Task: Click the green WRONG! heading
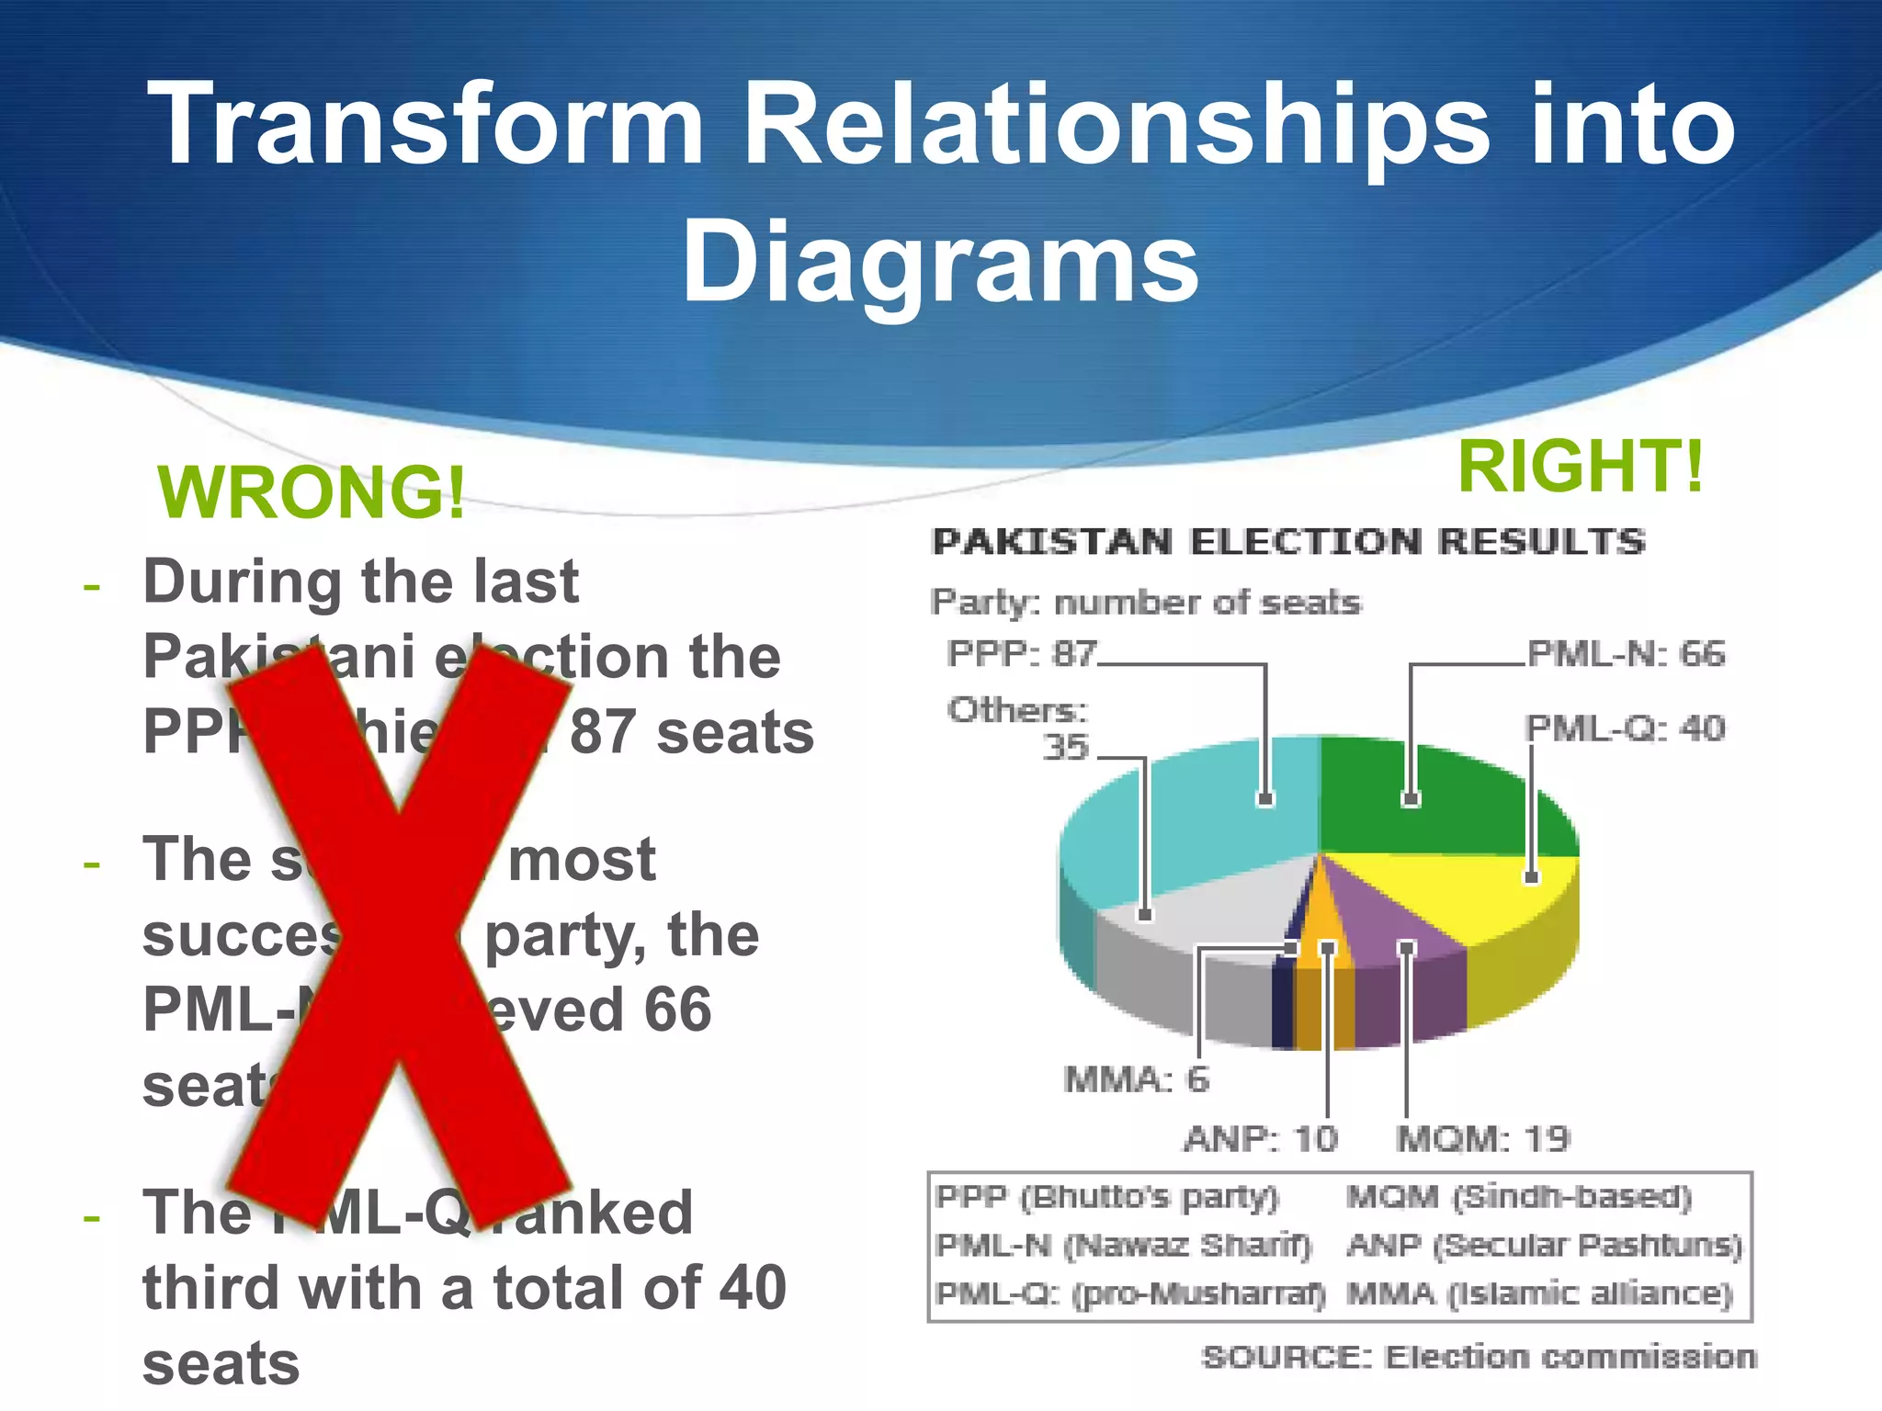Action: pos(312,493)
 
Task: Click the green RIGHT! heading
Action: pos(1580,466)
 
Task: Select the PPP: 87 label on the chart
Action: pos(1022,655)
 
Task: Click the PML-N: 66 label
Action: pos(1626,654)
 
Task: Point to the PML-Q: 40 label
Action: pos(1625,728)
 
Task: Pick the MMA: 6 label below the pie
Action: pos(1136,1079)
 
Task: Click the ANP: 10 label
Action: pos(1260,1139)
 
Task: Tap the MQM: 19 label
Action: pos(1482,1139)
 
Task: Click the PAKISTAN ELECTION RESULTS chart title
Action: pos(1287,542)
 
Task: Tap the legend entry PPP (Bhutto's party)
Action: pos(1106,1198)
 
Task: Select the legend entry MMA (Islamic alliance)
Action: pos(1539,1294)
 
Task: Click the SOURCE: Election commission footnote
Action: pos(1478,1357)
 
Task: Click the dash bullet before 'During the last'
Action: pos(91,585)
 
